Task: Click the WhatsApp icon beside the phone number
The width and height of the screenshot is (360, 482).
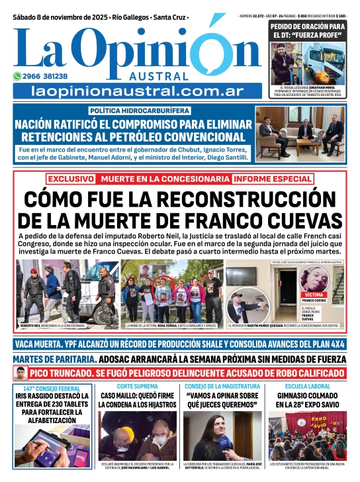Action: pos(18,76)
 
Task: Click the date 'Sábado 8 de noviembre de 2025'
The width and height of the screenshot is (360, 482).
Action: pos(56,17)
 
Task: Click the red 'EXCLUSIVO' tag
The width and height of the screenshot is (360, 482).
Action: pos(69,179)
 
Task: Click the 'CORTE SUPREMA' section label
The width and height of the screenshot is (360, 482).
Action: pos(136,386)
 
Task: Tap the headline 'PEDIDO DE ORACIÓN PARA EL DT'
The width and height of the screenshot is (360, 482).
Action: pos(306,30)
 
